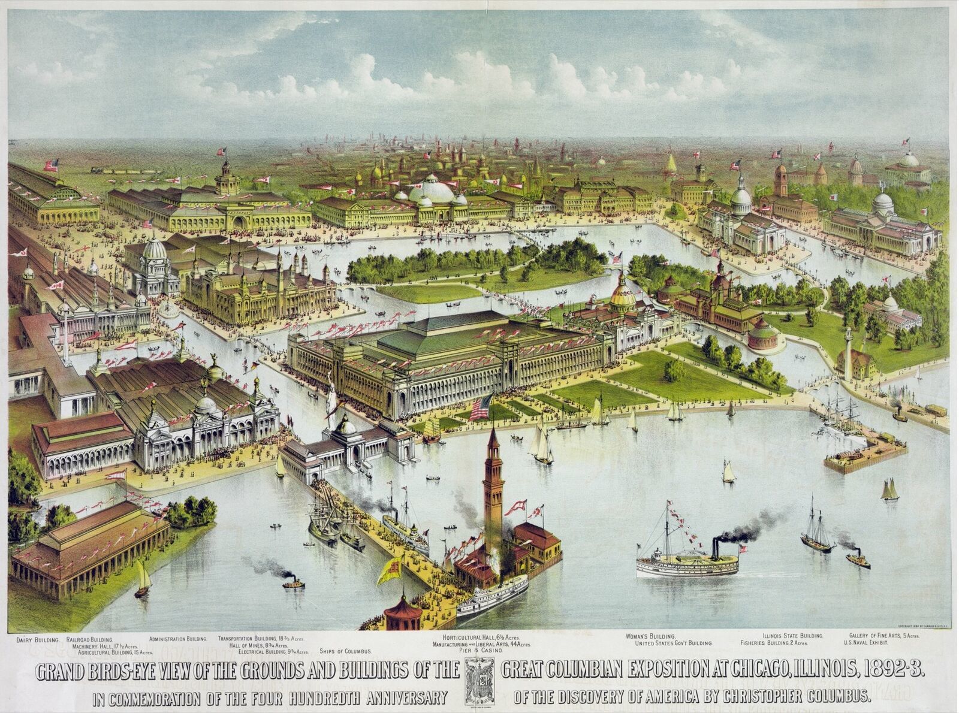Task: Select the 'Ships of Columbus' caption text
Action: (346, 651)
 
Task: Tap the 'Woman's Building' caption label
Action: (651, 636)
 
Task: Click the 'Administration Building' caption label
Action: (178, 639)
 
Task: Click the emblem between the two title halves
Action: (479, 681)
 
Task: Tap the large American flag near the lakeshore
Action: (481, 407)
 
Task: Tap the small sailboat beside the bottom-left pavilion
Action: (143, 580)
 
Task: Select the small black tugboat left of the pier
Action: (293, 582)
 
